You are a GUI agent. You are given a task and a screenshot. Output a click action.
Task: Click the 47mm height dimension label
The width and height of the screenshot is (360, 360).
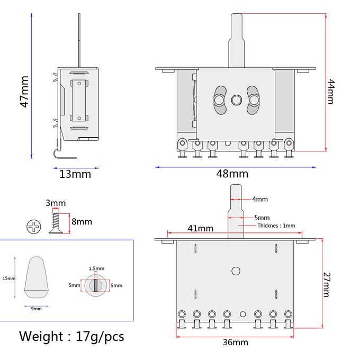pos(24,92)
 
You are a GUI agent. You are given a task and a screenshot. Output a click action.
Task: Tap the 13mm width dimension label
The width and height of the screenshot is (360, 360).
pos(75,174)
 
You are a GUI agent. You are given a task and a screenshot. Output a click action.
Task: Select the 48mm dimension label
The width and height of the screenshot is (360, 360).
pos(232,174)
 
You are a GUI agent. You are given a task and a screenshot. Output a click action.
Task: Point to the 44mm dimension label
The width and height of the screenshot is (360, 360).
pos(331,92)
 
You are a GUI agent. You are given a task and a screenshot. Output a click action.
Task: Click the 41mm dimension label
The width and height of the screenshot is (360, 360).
pos(201,228)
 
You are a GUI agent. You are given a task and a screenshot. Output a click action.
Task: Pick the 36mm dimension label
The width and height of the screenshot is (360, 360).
pos(236,342)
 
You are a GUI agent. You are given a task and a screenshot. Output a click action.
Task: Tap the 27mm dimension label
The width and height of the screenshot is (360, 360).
pos(327,285)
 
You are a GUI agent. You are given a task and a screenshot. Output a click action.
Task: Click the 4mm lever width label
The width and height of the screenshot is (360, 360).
pos(260,199)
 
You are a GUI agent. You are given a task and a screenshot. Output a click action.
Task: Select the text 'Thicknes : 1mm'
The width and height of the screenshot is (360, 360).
pos(276,226)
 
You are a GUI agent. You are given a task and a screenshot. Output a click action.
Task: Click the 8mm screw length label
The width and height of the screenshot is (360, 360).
pos(82,221)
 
